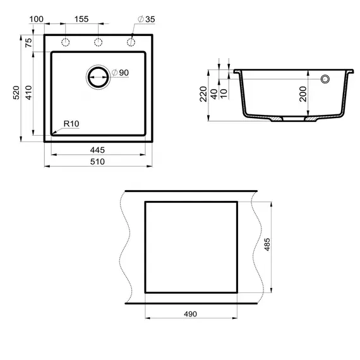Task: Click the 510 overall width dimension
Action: click(97, 161)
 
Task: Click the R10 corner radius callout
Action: click(69, 124)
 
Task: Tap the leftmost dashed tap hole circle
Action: click(65, 42)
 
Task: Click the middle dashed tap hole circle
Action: click(98, 42)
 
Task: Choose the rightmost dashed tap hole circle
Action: click(131, 42)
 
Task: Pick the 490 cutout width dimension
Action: click(191, 314)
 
